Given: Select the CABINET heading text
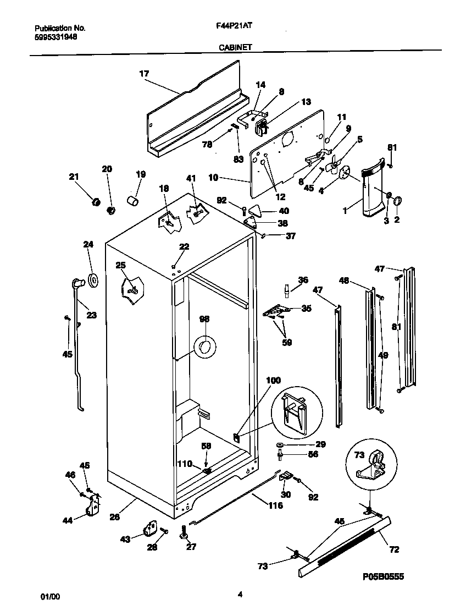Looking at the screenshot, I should coord(235,47).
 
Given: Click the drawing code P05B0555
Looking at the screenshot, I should coord(383,576).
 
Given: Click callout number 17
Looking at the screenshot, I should coord(144,73).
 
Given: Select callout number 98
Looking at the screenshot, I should coord(204,319).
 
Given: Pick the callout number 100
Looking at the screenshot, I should coord(273,380).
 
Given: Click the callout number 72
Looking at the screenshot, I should coord(394,549).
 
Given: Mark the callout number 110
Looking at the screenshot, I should coord(185,464).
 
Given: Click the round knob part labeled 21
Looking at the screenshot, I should coord(95,202).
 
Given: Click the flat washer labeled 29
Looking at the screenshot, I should coord(280,444).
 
